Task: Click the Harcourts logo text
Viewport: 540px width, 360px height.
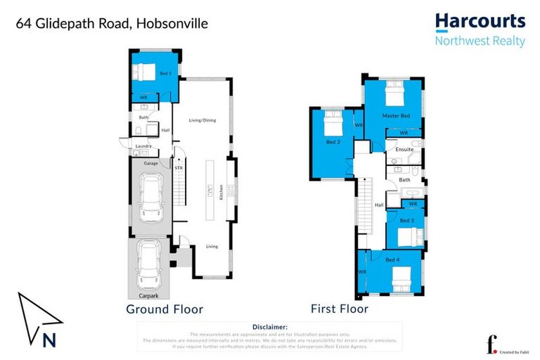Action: coord(480,22)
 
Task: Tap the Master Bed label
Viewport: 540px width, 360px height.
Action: coord(396,115)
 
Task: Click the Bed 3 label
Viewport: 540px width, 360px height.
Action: coord(406,220)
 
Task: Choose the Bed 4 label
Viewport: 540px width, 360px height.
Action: coord(392,259)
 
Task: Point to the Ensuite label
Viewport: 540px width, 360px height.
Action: coord(404,149)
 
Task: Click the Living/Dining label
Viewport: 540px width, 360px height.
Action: coord(202,120)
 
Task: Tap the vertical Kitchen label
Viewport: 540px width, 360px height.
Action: coord(221,191)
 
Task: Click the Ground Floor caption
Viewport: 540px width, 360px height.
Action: coord(165,309)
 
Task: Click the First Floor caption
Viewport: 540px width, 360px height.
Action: coord(340,309)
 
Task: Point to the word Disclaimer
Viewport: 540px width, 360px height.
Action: coord(269,327)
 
